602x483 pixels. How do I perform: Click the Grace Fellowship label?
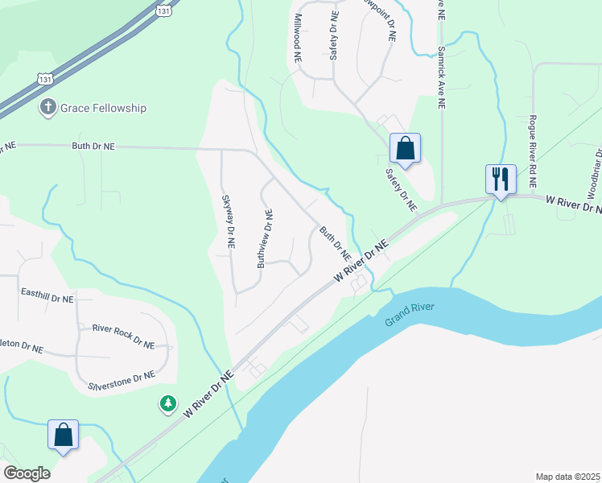click(x=107, y=108)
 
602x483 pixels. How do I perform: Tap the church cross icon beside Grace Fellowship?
click(x=48, y=107)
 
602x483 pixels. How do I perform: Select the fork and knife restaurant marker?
click(x=500, y=179)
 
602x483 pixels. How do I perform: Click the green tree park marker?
click(x=167, y=402)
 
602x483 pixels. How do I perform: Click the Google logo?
click(x=27, y=473)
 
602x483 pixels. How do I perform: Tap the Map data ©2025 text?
click(x=567, y=477)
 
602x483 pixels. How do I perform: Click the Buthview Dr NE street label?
click(x=265, y=238)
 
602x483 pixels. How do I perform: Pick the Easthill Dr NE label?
click(x=47, y=298)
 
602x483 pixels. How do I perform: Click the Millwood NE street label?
click(x=297, y=38)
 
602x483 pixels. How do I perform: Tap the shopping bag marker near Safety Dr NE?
click(x=405, y=149)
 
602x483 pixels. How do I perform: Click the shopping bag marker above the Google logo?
click(x=63, y=436)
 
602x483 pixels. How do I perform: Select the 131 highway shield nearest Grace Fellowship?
click(x=46, y=77)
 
